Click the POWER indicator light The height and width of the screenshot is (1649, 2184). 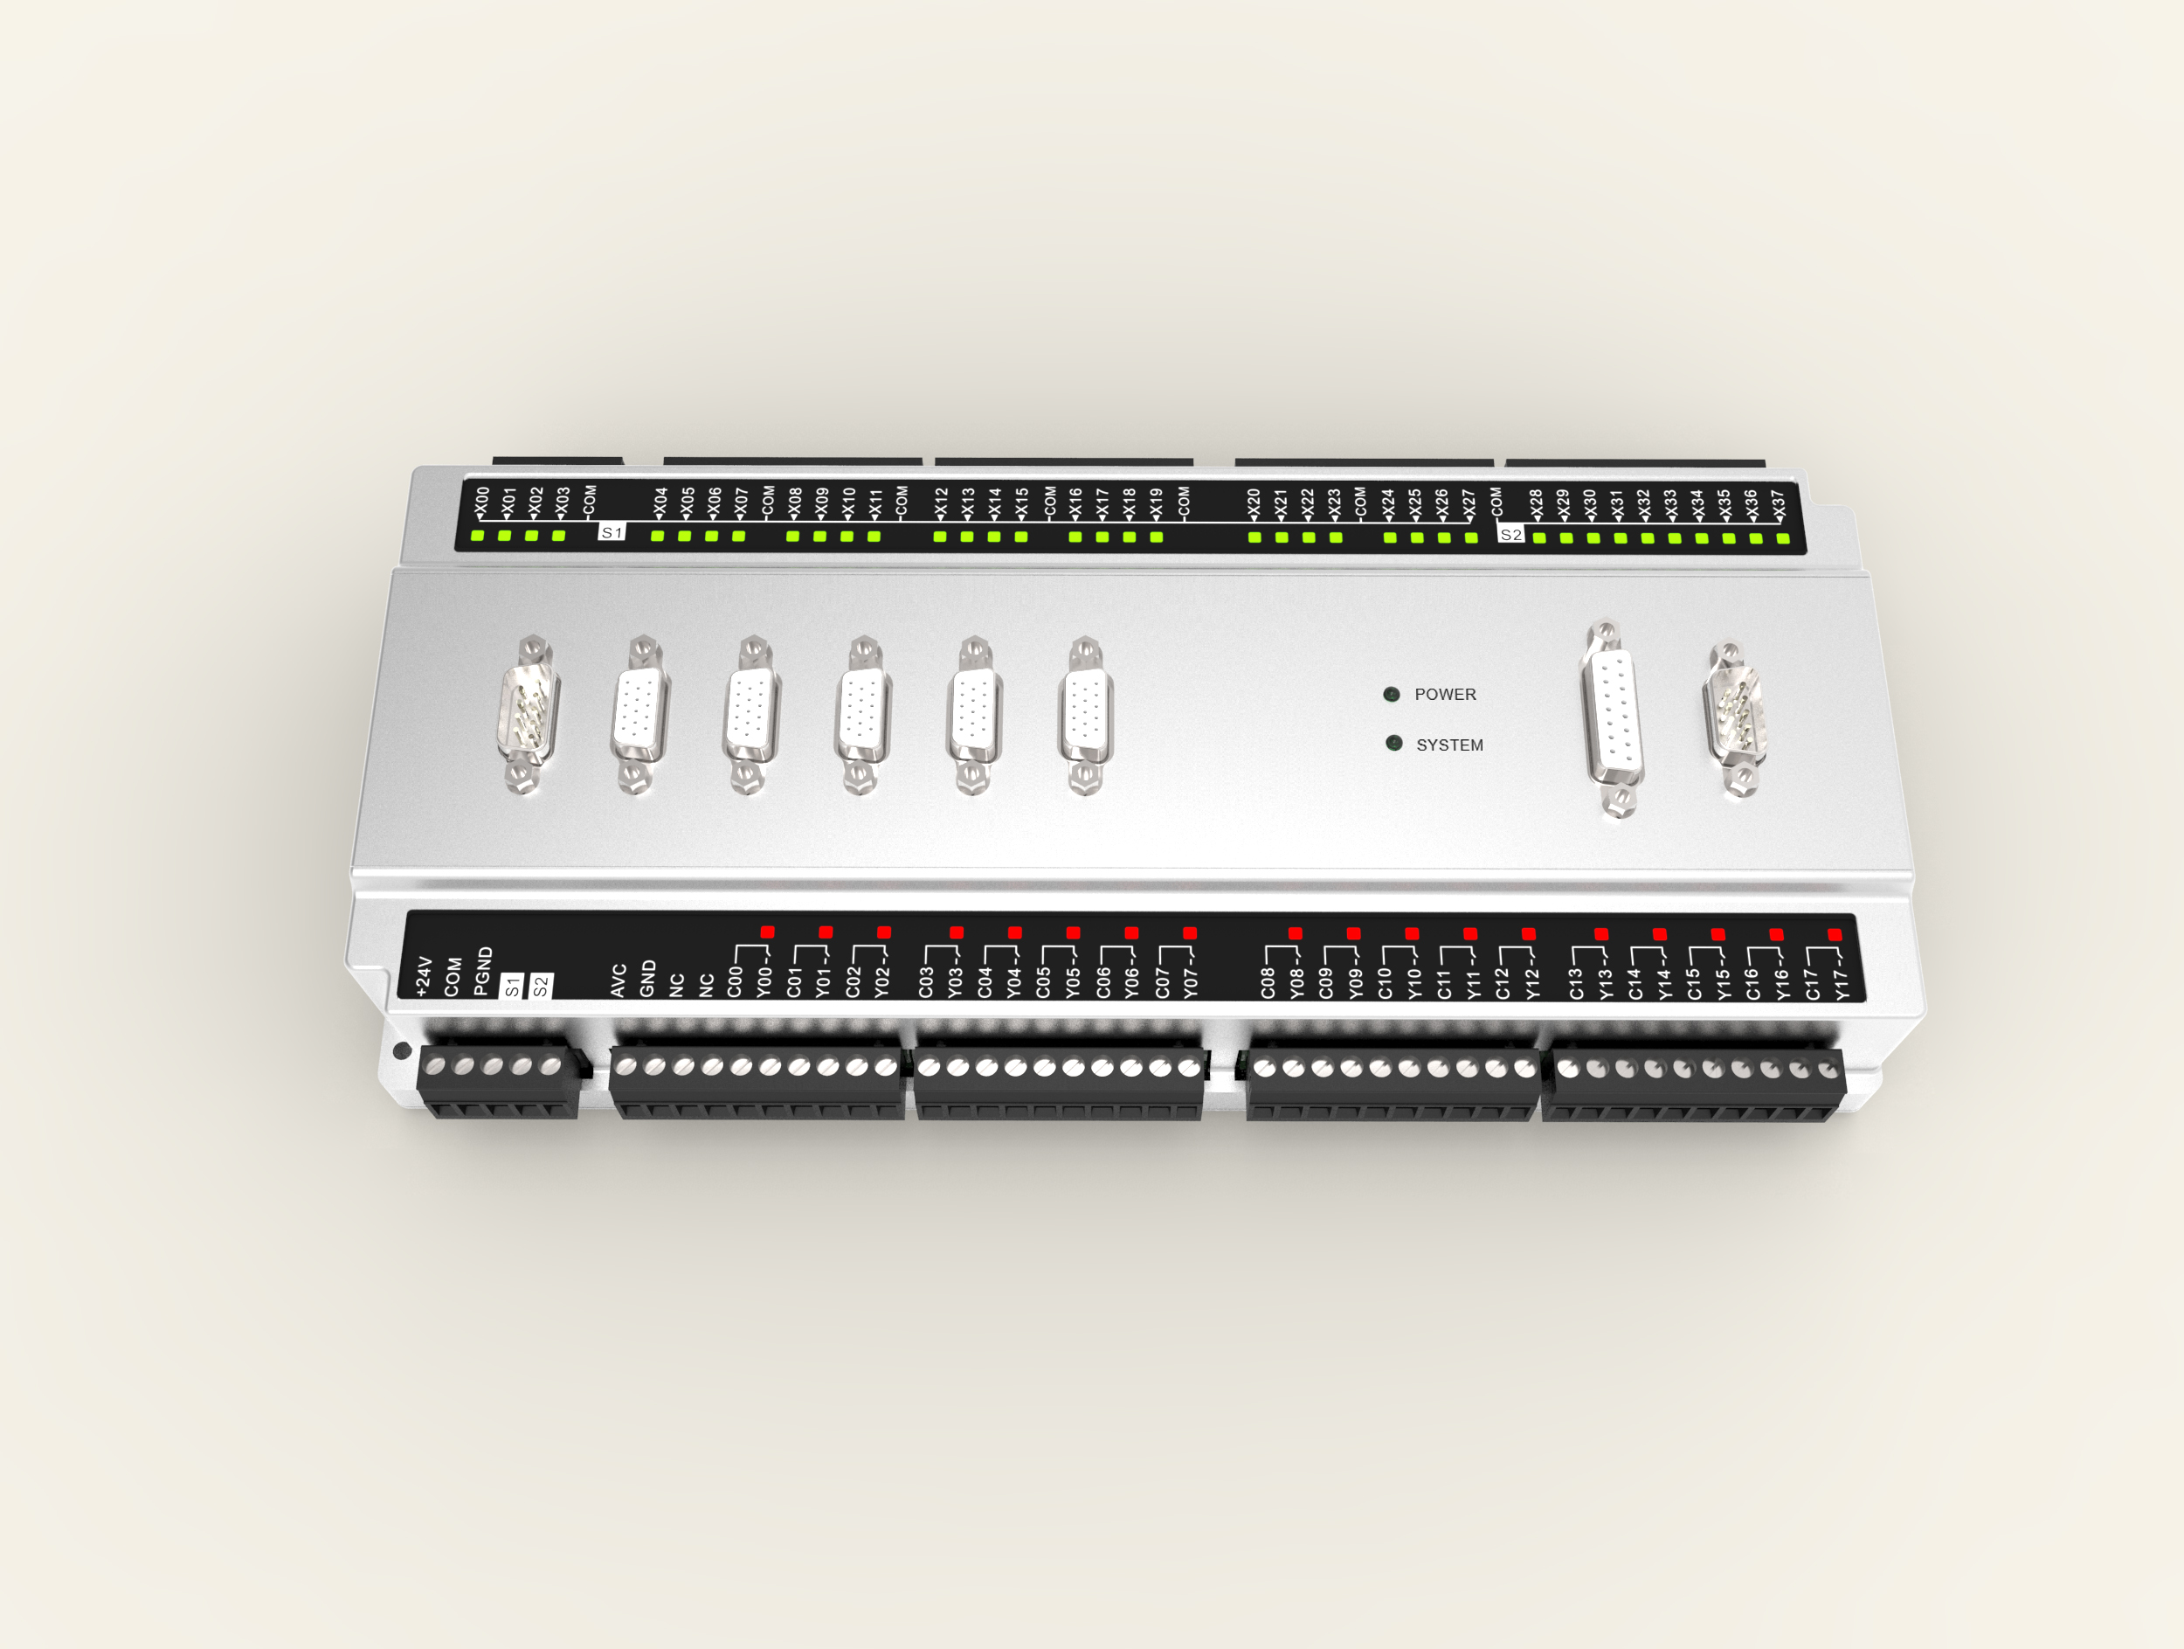tap(1391, 694)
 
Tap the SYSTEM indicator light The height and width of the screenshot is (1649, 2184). tap(1394, 743)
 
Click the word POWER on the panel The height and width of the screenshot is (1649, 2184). tap(1446, 694)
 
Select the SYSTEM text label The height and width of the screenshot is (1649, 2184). tap(1449, 745)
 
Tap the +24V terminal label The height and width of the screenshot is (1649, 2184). tap(424, 975)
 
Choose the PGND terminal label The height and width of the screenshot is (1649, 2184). tap(483, 971)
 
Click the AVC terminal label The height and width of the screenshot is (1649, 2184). tap(619, 980)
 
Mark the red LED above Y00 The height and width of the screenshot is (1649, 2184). tap(767, 932)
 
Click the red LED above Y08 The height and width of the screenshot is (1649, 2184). tap(1296, 933)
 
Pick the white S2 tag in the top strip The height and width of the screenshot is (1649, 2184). tap(1510, 534)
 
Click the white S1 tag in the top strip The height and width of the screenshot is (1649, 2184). tap(612, 532)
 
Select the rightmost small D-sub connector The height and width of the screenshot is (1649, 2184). tap(1735, 716)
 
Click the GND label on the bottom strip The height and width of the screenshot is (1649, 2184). tap(647, 978)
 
